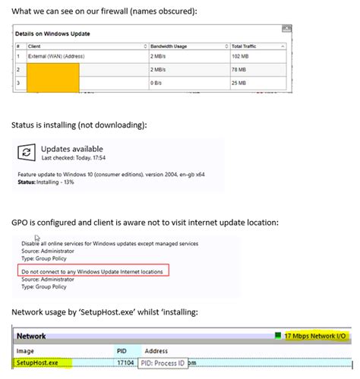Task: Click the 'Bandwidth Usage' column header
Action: coord(168,46)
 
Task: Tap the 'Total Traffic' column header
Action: coord(244,46)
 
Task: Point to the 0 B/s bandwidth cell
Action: coord(158,82)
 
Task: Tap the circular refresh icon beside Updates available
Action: coord(27,152)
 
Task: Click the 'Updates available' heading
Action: coord(71,148)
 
